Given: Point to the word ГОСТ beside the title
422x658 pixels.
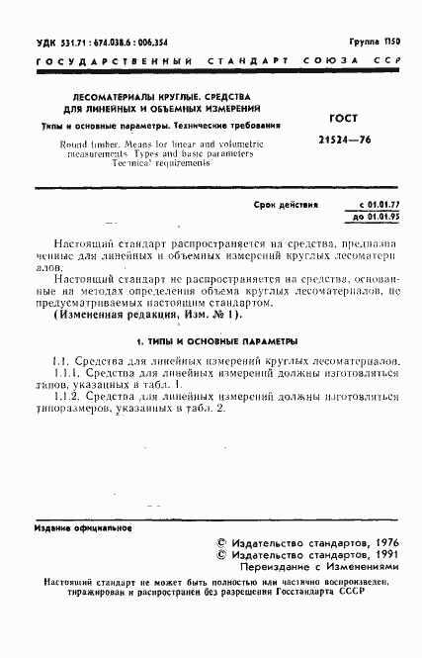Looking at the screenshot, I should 340,117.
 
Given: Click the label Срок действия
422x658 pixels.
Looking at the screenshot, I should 286,207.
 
